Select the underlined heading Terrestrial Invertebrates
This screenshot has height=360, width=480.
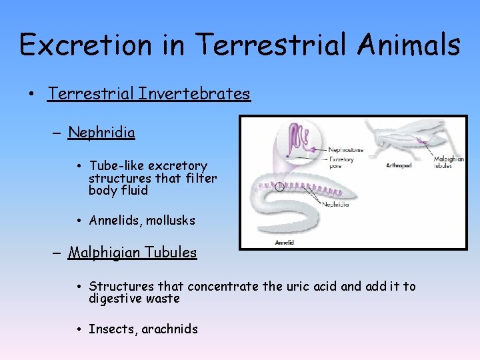point(149,93)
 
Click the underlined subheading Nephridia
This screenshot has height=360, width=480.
point(101,133)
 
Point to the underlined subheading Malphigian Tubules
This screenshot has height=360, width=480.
point(133,253)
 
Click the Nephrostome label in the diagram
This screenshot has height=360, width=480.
point(346,151)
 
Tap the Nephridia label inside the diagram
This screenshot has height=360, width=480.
point(336,205)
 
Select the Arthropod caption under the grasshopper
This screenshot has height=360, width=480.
point(399,165)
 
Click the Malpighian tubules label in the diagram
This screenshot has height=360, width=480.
point(449,162)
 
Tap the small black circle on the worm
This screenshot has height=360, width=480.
point(279,187)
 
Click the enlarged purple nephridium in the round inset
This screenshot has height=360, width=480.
point(297,143)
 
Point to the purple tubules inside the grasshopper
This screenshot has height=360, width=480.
point(420,141)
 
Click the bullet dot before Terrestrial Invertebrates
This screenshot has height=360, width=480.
point(32,94)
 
